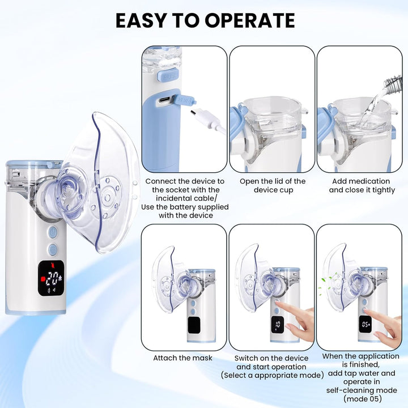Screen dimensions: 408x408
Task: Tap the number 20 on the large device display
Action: click(x=54, y=278)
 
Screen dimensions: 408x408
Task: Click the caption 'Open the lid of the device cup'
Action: click(x=272, y=185)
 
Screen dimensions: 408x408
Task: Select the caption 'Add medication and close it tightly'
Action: click(x=362, y=185)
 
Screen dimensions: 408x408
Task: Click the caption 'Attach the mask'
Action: click(x=182, y=358)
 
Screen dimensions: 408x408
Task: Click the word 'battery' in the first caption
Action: click(x=186, y=207)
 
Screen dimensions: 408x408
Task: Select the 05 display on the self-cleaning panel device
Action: click(x=366, y=325)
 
